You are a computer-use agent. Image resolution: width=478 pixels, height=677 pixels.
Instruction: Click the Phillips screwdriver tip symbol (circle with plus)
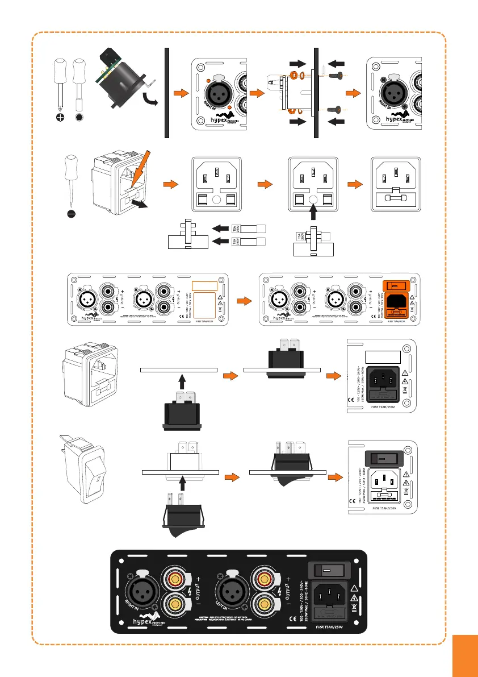60,117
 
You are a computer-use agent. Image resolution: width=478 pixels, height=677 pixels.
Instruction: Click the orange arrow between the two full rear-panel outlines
244,299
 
